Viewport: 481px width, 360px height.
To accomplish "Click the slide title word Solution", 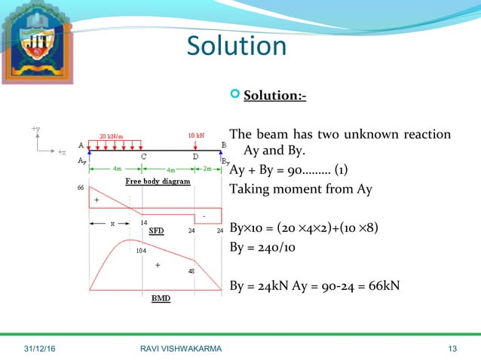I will (237, 46).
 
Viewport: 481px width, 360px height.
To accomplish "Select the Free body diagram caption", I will (157, 182).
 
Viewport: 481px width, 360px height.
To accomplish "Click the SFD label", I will (156, 230).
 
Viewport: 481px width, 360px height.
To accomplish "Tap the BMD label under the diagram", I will (161, 298).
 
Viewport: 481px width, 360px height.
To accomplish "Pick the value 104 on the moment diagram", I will (141, 251).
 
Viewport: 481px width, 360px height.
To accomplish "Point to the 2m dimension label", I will (207, 168).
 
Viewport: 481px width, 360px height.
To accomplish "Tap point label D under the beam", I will (195, 157).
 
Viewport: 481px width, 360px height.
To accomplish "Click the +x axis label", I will (61, 152).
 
